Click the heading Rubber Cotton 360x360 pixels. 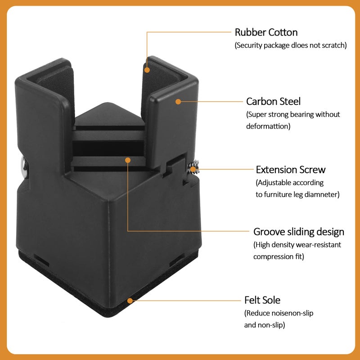pyautogui.click(x=266, y=32)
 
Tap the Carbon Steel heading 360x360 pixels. pyautogui.click(x=273, y=102)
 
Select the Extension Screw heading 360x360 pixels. pyautogui.click(x=291, y=170)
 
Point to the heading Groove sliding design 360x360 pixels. pyautogui.click(x=299, y=232)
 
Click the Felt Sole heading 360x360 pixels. pyautogui.click(x=262, y=300)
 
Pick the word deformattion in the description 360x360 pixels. pyautogui.click(x=268, y=126)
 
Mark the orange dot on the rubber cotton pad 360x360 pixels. pyautogui.click(x=147, y=70)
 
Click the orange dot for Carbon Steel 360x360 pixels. pyautogui.click(x=178, y=102)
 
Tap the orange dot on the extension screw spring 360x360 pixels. pyautogui.click(x=193, y=170)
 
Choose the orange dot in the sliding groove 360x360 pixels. pyautogui.click(x=128, y=160)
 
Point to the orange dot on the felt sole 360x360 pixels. pyautogui.click(x=130, y=301)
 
